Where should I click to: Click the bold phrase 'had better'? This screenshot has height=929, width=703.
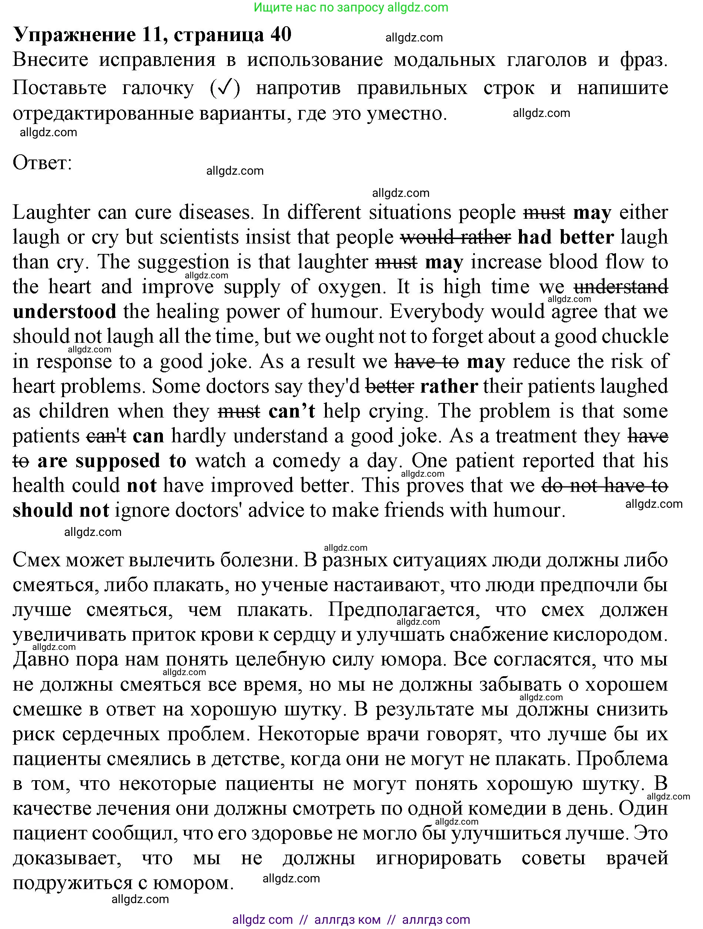tap(566, 237)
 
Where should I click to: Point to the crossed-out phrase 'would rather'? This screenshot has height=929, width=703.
tap(456, 237)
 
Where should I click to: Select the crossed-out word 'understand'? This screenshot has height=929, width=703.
tap(621, 287)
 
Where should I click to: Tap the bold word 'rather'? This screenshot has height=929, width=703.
tap(449, 386)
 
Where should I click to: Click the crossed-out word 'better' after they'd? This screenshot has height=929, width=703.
tap(390, 386)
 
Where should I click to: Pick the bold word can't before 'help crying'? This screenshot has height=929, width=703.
tap(292, 411)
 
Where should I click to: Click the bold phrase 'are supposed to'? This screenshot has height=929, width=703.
tap(112, 460)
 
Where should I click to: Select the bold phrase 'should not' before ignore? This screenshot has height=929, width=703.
tap(61, 510)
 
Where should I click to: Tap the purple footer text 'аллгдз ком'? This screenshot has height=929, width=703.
tap(347, 920)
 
